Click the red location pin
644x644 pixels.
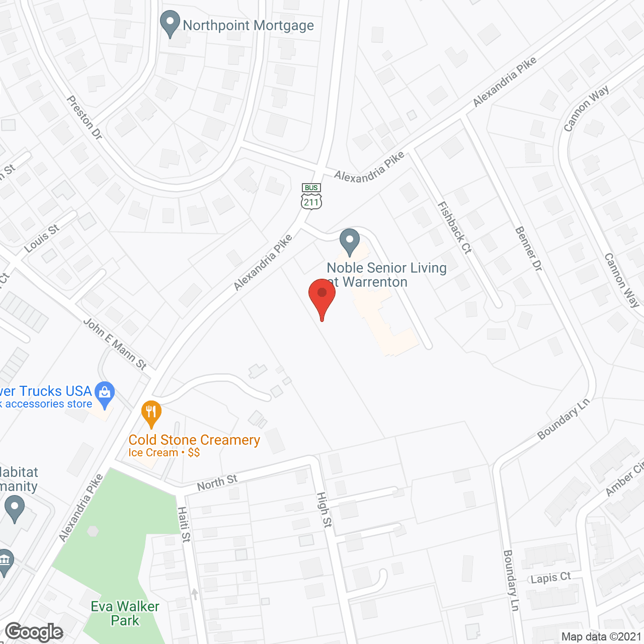(x=322, y=297)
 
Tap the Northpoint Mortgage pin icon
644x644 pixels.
(x=170, y=23)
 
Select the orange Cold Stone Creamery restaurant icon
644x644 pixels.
(x=151, y=413)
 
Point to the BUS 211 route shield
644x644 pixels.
(x=311, y=196)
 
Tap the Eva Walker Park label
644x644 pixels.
(x=125, y=613)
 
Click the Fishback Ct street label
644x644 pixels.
(x=455, y=227)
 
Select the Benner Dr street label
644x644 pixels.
(x=529, y=249)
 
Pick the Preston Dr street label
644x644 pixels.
(x=85, y=117)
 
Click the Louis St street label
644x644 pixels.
(x=42, y=238)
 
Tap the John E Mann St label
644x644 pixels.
(x=115, y=344)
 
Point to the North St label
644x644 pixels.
(x=217, y=482)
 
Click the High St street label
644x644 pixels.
(x=325, y=510)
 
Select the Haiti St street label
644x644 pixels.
(x=184, y=524)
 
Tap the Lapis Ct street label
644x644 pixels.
(x=551, y=578)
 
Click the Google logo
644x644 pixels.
(x=34, y=632)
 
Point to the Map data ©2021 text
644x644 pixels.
(x=601, y=637)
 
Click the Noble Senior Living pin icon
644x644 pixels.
(x=349, y=242)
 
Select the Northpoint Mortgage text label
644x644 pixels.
(x=248, y=25)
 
